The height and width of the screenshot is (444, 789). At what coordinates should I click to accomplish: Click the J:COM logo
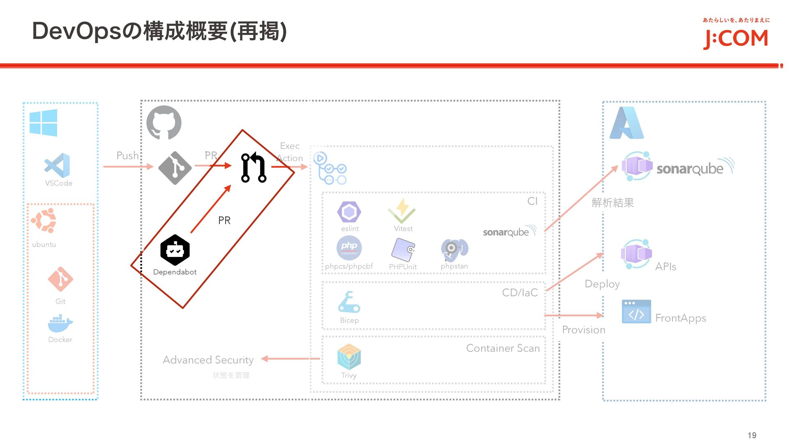point(736,38)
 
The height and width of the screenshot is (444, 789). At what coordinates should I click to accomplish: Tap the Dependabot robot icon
point(175,250)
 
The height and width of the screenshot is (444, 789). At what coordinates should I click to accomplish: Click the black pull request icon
point(254,167)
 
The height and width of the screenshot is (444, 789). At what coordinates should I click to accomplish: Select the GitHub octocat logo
point(164,123)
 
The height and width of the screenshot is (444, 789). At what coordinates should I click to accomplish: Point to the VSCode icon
point(58,166)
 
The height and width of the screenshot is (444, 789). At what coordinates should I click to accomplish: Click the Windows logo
point(43,123)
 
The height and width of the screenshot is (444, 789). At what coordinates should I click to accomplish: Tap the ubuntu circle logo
point(44,220)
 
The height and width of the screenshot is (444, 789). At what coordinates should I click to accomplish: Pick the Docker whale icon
point(60,324)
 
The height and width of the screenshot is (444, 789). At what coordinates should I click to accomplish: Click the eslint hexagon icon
point(349,212)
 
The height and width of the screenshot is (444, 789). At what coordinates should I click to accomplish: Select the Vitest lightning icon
point(402,211)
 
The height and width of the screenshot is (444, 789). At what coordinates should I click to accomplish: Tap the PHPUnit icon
point(403,250)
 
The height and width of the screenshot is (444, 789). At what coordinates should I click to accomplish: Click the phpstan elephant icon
point(454,249)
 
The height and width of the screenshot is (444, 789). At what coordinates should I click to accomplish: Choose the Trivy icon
point(349,357)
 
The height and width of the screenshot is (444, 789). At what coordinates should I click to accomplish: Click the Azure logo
point(626,123)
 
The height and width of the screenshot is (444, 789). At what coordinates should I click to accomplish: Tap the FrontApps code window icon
point(636,312)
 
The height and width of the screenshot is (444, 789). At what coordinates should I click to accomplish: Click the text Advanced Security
point(208,360)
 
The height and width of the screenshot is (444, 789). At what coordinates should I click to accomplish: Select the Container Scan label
point(503,348)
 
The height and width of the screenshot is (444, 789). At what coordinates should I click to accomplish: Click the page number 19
point(752,435)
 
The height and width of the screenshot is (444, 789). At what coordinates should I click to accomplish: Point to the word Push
point(127,155)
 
